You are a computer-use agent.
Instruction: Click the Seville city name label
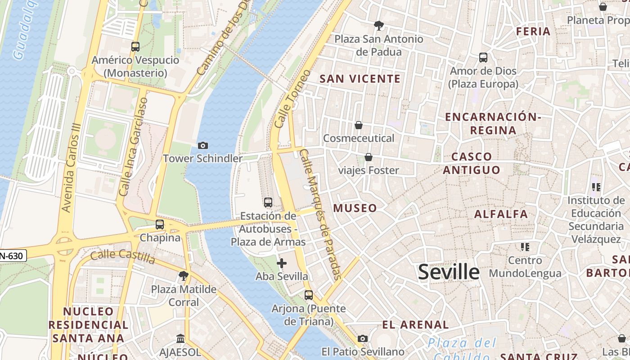coord(449,272)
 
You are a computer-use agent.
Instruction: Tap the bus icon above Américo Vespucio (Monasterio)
coord(135,46)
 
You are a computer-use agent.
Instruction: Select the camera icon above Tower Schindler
coord(203,145)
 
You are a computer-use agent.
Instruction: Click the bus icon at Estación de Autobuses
coord(268,202)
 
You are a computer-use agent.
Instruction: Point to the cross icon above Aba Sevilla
coord(282,263)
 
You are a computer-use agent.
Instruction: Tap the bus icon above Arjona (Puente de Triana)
coord(309,295)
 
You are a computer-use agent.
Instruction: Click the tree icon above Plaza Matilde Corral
coord(183,276)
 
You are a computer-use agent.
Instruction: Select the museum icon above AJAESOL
coord(180,338)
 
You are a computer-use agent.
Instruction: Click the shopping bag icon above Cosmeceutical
coord(359,125)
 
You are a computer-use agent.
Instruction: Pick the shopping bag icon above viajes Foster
coord(369,157)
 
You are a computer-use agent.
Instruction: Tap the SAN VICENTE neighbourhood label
coord(360,79)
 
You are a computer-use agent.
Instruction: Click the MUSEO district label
coord(355,208)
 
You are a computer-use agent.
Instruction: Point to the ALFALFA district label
coord(501,214)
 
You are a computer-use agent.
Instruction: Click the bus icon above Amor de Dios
coord(483,58)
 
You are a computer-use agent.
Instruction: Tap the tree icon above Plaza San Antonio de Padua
coord(379,26)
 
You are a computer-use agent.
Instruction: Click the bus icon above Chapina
coord(160,224)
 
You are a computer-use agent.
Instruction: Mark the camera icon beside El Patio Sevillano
coord(363,338)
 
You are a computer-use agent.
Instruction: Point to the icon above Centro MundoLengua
coord(525,247)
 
